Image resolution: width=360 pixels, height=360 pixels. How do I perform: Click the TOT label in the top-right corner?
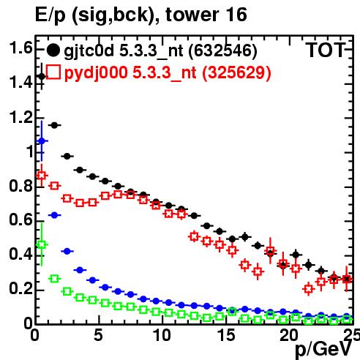(326, 50)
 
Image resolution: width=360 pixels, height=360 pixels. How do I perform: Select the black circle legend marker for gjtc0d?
(53, 50)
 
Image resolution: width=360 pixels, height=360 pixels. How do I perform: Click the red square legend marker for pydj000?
(53, 72)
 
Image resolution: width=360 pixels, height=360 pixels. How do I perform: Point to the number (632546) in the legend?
(222, 51)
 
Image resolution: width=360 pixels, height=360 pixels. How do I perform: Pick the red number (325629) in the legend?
(236, 72)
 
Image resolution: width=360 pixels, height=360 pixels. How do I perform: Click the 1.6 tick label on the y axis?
(20, 48)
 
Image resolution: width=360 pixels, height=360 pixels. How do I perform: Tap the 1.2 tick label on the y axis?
(20, 117)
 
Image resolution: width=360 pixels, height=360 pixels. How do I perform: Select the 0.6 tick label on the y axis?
(20, 220)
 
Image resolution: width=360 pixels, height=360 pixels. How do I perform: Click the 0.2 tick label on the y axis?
(20, 289)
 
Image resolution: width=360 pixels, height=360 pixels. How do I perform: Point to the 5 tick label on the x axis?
(98, 335)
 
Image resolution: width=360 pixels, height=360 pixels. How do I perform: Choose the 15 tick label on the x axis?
(226, 335)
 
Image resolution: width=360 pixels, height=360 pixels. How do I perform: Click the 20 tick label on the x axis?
(289, 335)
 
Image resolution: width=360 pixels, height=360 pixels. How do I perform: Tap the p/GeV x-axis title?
(323, 349)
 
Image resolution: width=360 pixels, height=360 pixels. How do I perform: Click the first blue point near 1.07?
(42, 141)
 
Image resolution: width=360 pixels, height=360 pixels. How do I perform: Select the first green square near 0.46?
(42, 244)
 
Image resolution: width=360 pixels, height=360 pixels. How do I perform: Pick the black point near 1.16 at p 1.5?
(54, 125)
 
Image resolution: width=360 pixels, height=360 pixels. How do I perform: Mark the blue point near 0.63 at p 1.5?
(54, 215)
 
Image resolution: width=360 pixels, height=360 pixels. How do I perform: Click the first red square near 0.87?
(42, 176)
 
